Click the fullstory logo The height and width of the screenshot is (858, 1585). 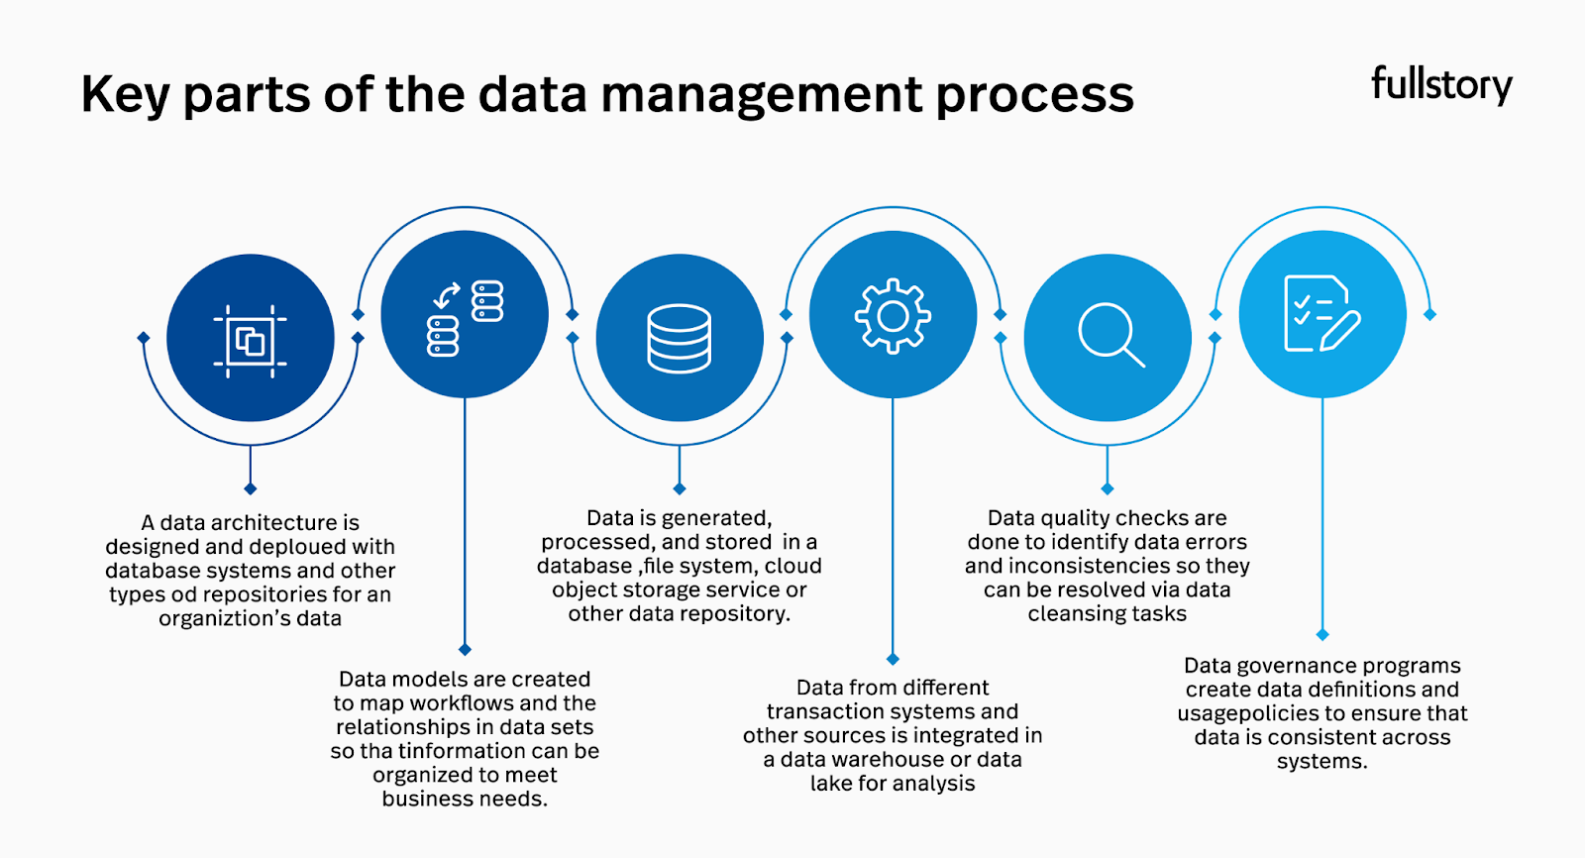click(1441, 85)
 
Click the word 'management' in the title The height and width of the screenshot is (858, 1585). click(762, 96)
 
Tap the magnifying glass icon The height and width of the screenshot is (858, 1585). click(1110, 336)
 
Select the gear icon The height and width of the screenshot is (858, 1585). click(893, 316)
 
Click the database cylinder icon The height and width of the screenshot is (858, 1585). click(679, 339)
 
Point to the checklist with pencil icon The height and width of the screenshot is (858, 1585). click(1321, 314)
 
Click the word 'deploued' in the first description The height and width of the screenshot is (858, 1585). click(297, 547)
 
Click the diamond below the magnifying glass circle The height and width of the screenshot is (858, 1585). click(1108, 488)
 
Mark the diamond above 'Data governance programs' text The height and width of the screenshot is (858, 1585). click(1322, 634)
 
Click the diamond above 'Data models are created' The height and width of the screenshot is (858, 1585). click(465, 650)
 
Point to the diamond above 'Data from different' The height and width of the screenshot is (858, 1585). click(893, 659)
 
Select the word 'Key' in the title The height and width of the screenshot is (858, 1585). click(124, 96)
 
